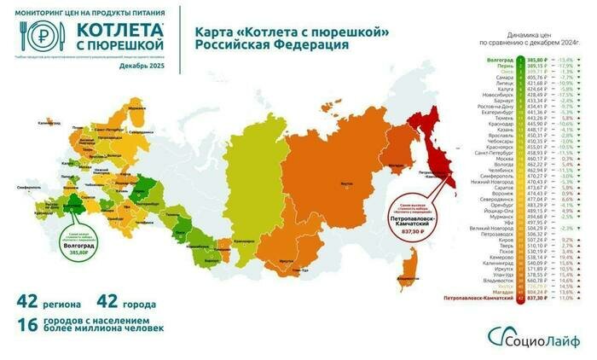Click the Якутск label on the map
point(345,182)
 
